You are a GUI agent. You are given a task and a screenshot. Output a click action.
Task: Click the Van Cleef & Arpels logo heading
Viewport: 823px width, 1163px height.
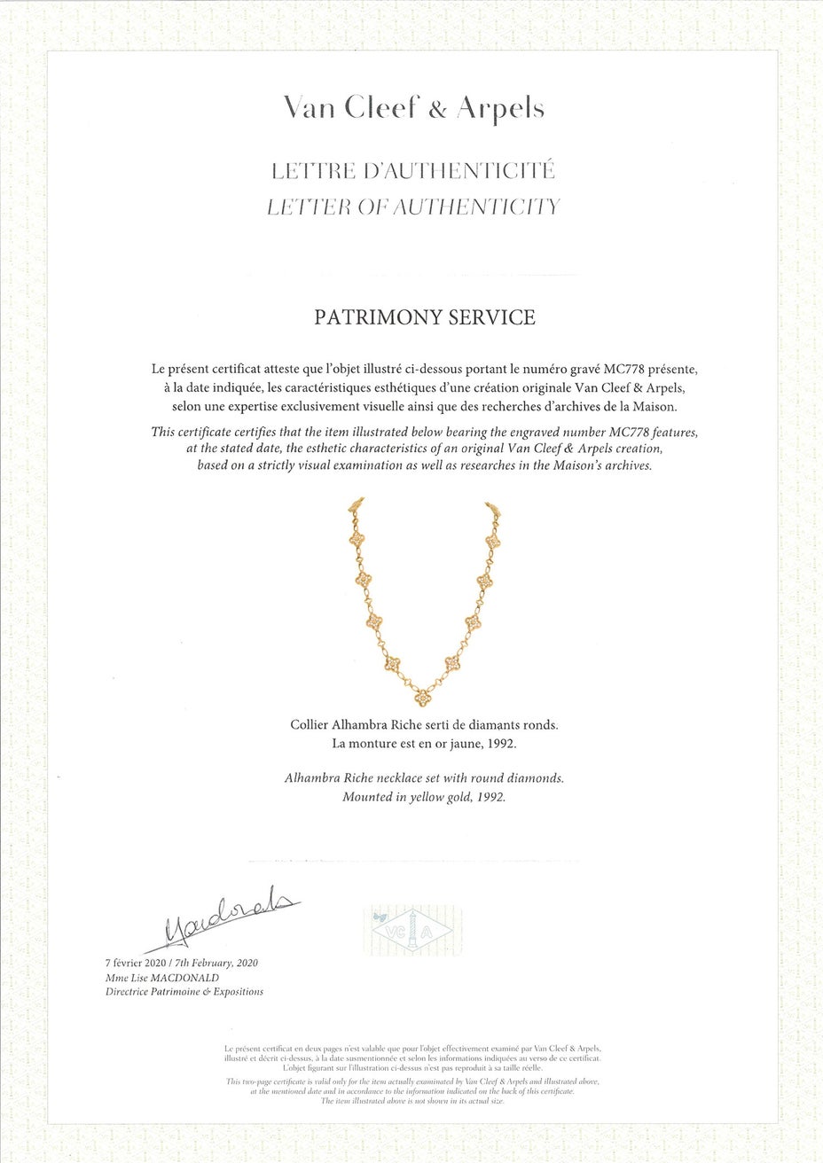413,108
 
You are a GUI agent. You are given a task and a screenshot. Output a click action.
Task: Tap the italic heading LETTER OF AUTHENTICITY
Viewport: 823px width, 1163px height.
413,207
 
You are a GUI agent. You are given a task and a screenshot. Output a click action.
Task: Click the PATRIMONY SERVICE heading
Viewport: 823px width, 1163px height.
425,317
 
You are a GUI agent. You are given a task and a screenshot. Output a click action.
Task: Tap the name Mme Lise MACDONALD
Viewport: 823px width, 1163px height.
162,977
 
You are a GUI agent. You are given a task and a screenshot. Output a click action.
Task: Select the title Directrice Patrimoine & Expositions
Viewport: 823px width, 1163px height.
184,991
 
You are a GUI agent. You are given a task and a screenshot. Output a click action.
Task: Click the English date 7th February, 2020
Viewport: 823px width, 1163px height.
219,963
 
